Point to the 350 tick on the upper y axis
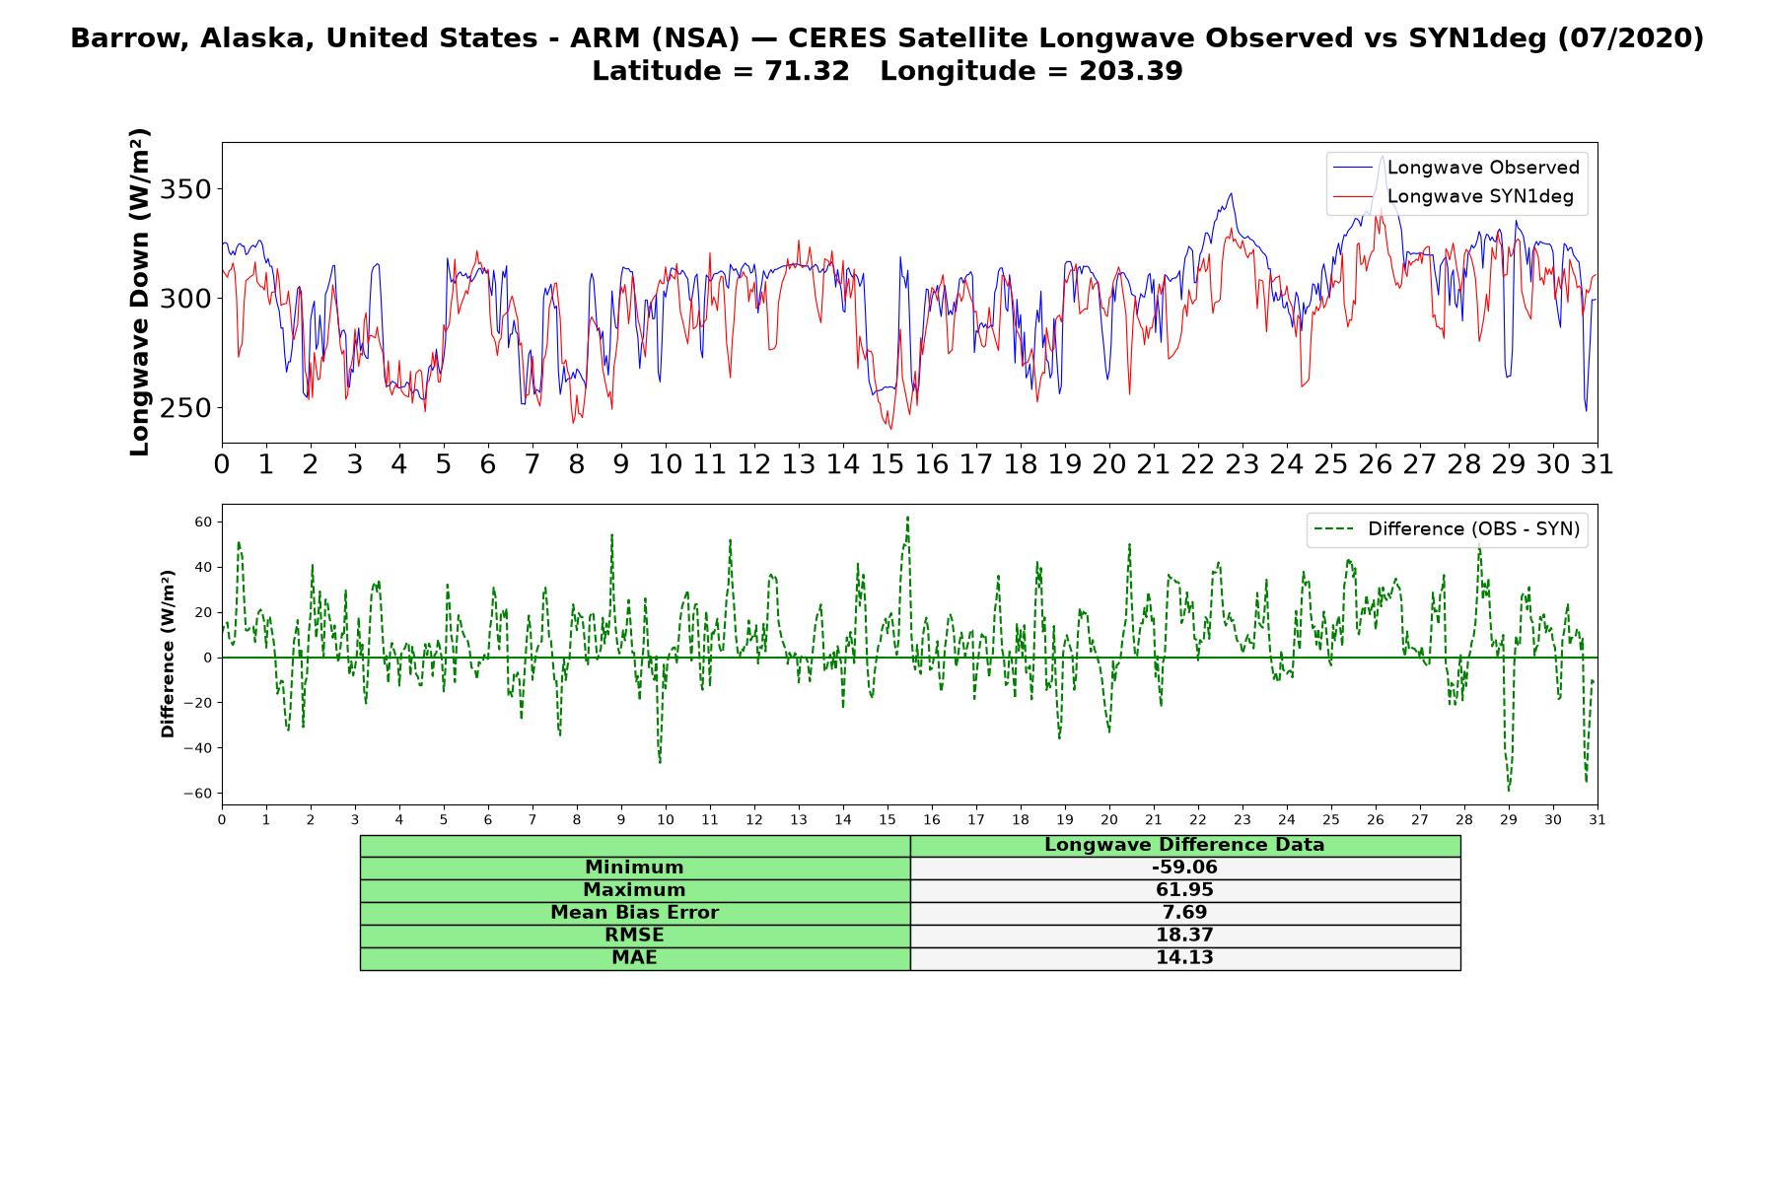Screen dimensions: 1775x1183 coord(187,189)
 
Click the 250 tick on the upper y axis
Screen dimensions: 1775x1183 coord(187,408)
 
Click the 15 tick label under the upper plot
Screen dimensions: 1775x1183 coord(887,464)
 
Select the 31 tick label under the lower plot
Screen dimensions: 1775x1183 coord(1597,819)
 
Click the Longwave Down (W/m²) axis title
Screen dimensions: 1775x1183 coord(140,292)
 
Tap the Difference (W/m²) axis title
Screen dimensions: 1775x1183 coord(168,654)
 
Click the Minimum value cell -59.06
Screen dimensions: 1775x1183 coord(1184,868)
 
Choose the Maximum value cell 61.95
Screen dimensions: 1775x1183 coord(1184,890)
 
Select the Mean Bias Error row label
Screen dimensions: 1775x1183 coord(634,913)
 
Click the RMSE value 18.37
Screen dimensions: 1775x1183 coord(1184,936)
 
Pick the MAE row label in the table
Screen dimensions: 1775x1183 coord(634,958)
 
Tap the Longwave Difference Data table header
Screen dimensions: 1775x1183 coord(1184,845)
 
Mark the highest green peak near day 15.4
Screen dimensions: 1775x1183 coord(907,517)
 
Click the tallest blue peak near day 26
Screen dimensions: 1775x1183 coord(1383,156)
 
